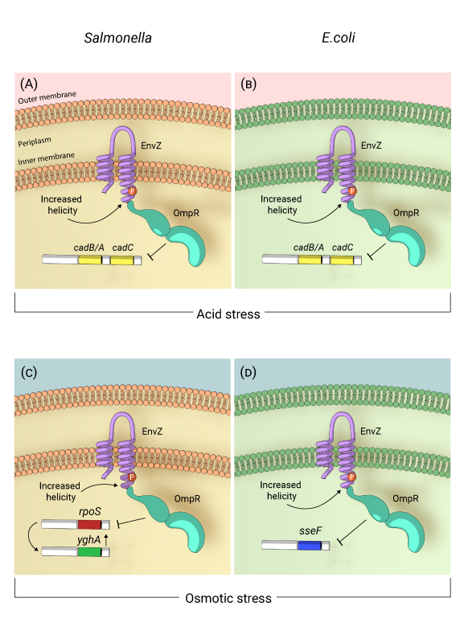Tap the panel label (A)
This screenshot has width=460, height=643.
coord(29,84)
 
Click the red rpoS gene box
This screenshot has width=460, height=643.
coord(88,524)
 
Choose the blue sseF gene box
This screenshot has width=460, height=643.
coord(309,546)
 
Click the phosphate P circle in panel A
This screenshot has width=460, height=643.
coord(125,190)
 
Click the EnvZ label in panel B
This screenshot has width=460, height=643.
coord(372,145)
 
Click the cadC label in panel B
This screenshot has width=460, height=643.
coord(343,247)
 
